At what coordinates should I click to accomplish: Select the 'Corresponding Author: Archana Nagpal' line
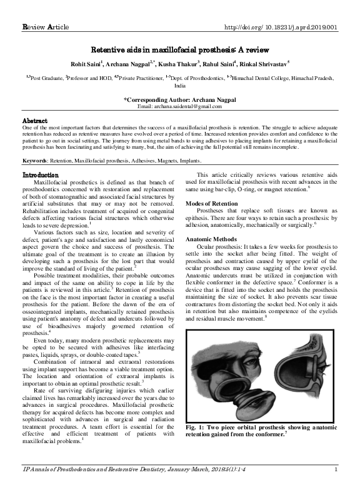point(180,100)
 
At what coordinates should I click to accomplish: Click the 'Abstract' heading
point(35,120)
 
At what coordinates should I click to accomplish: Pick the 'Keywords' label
point(37,161)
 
